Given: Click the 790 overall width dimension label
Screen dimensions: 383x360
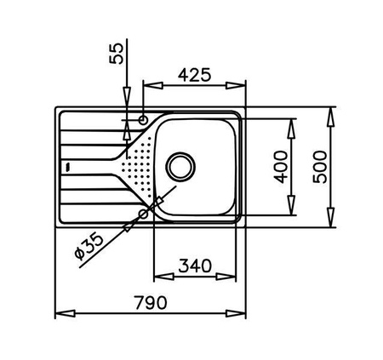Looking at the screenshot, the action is point(151,303).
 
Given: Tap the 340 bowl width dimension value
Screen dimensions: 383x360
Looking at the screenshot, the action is point(195,266).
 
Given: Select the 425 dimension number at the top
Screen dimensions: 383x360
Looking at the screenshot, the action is point(195,75).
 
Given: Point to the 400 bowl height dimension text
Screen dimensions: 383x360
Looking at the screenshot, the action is point(281,167).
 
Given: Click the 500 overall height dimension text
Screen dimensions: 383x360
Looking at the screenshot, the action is point(320,167).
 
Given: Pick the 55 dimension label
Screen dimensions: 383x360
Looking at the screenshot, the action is point(117,54).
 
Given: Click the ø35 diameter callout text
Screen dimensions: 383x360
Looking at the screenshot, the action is point(89,246).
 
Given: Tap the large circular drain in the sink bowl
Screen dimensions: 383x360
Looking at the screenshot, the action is point(180,166).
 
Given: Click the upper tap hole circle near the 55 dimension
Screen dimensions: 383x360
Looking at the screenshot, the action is point(143,120).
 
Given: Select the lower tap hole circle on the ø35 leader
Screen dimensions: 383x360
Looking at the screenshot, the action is point(144,214).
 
